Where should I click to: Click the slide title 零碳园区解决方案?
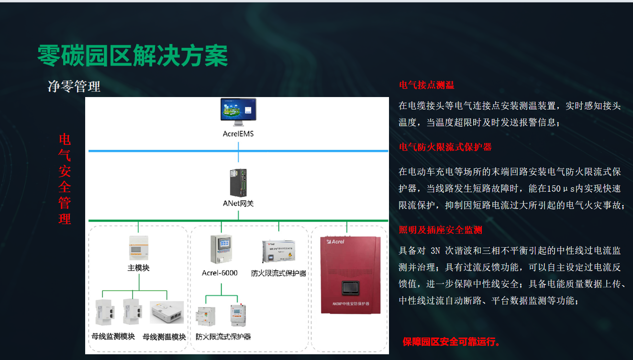point(133,56)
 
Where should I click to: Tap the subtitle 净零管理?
point(74,87)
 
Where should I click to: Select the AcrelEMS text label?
point(238,134)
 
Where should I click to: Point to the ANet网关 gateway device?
point(238,183)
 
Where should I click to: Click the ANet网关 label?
point(238,204)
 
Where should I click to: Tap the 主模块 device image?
point(139,248)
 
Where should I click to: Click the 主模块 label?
point(139,268)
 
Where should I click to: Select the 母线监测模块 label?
point(113,336)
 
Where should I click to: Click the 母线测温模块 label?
point(165,337)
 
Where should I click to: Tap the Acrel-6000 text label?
point(220,273)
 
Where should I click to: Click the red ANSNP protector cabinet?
point(350,274)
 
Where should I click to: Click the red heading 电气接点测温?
point(426,85)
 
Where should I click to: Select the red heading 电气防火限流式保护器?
point(445,147)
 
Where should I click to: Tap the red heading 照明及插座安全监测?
point(440,230)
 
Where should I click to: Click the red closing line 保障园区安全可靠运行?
point(451,342)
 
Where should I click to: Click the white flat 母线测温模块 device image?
point(167,312)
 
